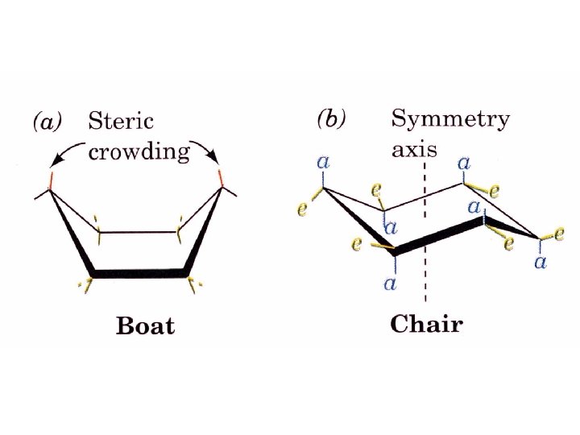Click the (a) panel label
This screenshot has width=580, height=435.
[46, 122]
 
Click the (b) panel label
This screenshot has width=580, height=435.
[331, 120]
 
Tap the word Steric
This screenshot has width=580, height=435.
[121, 122]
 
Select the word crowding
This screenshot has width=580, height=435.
[139, 151]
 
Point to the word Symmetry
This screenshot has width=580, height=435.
[450, 121]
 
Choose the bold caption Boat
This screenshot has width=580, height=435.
[145, 326]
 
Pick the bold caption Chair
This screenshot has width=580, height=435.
[426, 325]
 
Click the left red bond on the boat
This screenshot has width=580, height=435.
[51, 179]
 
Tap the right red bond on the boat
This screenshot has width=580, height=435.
[223, 177]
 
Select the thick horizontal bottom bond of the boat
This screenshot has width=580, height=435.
[140, 274]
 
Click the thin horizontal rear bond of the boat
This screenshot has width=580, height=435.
[139, 233]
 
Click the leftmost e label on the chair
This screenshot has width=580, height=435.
[301, 209]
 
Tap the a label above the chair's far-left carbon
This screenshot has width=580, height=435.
[324, 163]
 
